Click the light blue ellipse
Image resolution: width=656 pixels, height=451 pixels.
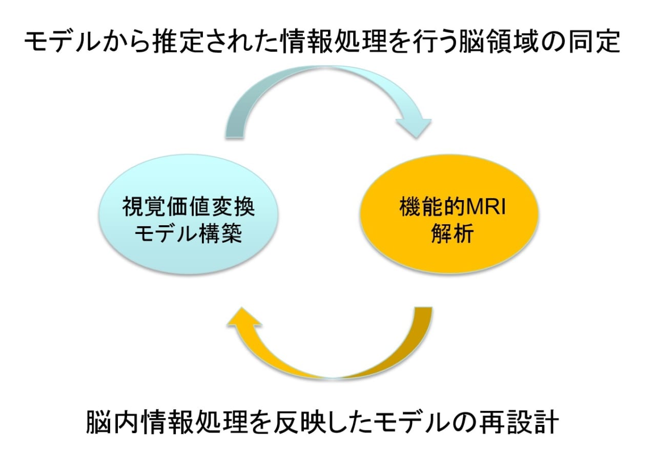coord(188,214)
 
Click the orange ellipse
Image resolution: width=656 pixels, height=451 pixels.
coord(449,214)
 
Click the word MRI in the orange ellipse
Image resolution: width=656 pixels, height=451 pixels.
coord(485,208)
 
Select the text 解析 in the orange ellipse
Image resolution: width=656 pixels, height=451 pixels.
coord(452,234)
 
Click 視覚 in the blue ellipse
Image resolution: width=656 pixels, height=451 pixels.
coord(144,207)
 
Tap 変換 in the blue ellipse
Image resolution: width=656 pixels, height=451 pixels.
coord(233,207)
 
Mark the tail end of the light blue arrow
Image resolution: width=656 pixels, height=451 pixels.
coord(235,137)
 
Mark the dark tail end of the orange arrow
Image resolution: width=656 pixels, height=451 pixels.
coord(423,308)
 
